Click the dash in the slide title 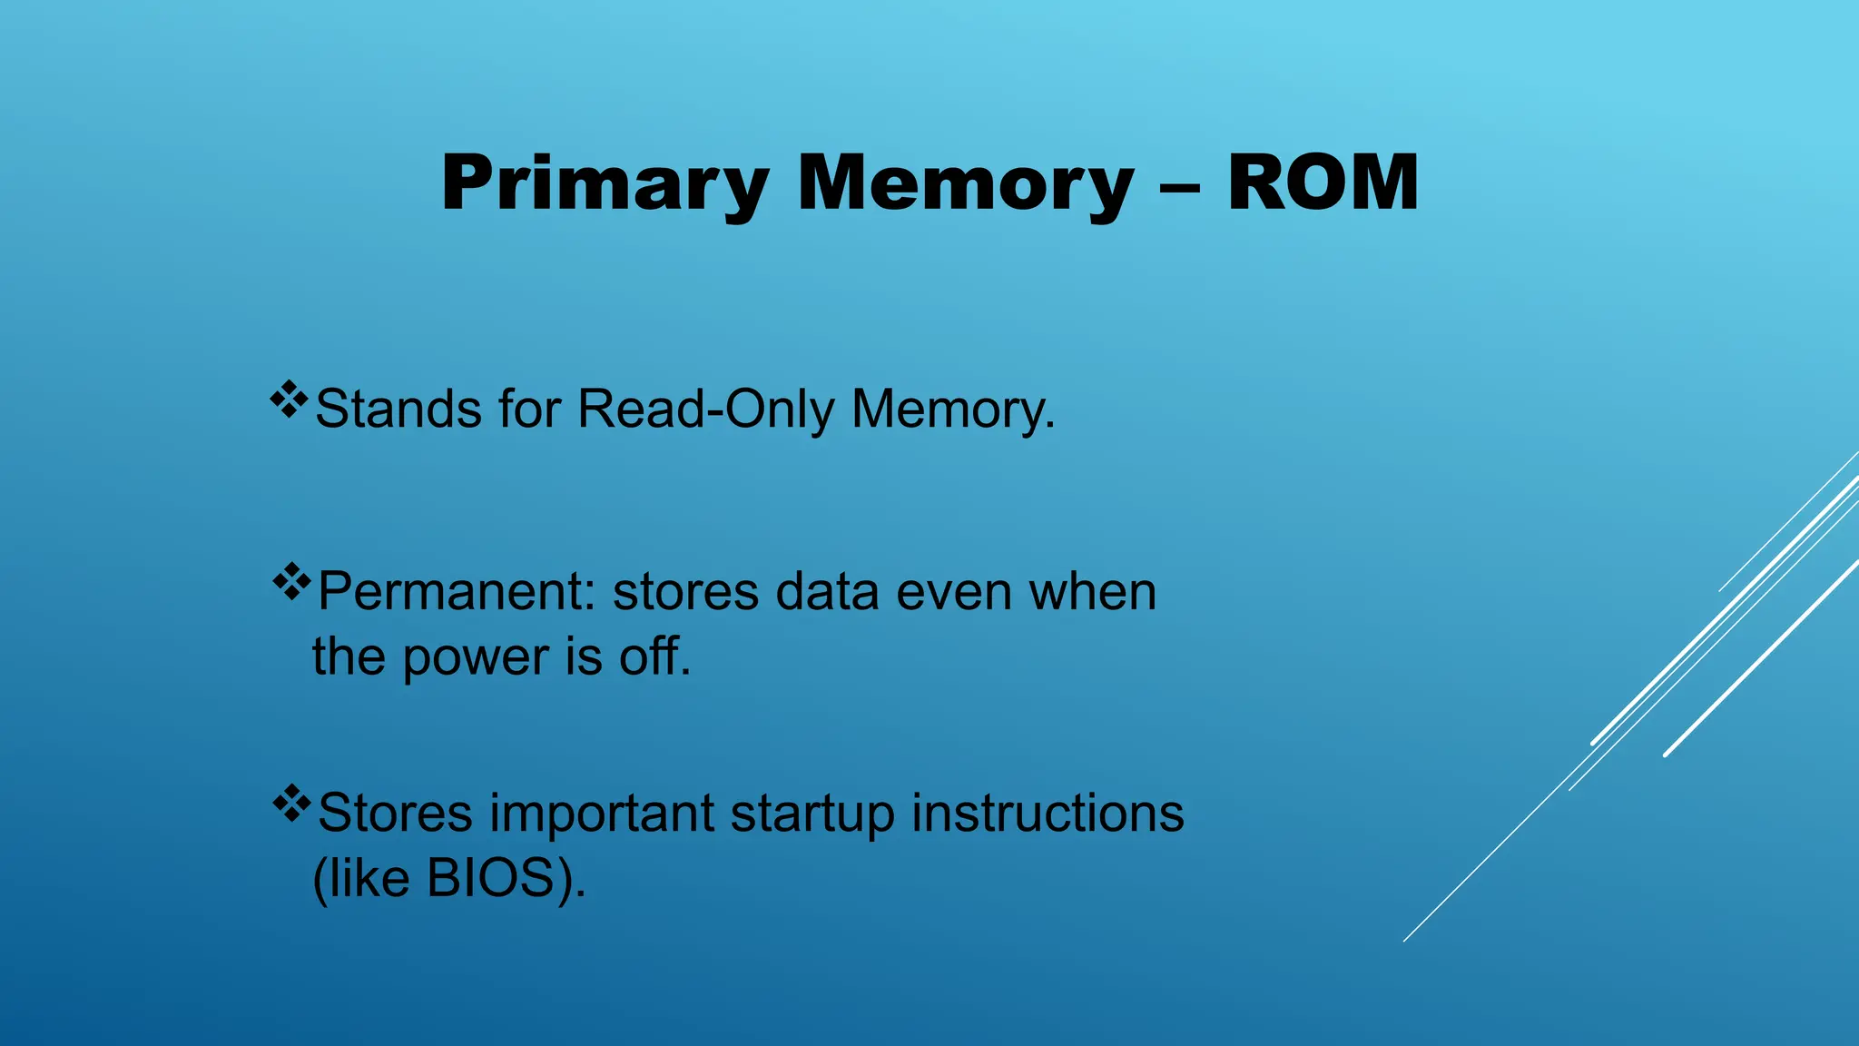[x=1180, y=189]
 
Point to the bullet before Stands [x=289, y=400]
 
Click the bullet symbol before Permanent [x=291, y=582]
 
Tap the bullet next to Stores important [x=291, y=803]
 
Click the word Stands [x=398, y=409]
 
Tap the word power [x=476, y=658]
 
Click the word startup [x=811, y=814]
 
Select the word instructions [x=1048, y=813]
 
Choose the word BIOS [x=491, y=878]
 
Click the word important [x=602, y=813]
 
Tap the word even [x=953, y=592]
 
